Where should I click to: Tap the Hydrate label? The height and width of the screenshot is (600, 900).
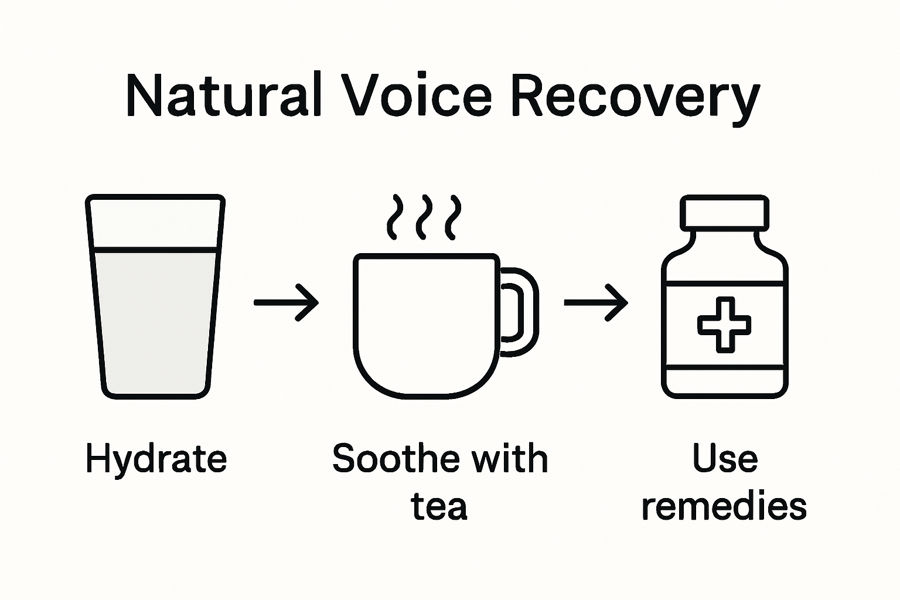click(x=156, y=459)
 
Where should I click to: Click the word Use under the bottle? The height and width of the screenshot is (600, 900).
click(x=725, y=458)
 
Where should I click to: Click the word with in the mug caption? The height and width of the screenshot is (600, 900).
click(x=510, y=458)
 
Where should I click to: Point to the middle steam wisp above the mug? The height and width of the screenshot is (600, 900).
click(x=424, y=217)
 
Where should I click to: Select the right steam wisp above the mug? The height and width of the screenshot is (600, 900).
click(x=452, y=217)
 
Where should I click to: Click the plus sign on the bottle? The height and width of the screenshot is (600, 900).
click(x=724, y=324)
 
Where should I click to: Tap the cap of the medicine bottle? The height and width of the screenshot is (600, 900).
click(x=724, y=213)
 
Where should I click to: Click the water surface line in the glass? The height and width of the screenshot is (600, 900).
click(x=155, y=250)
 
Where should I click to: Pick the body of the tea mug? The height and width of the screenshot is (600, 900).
click(x=427, y=325)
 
